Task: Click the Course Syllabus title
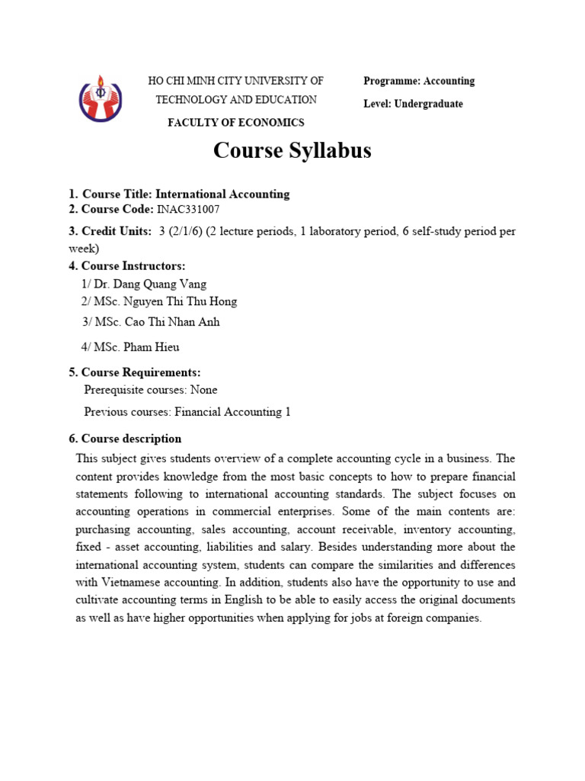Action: [292, 150]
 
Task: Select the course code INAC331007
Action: [191, 210]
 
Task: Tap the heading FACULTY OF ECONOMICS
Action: [236, 122]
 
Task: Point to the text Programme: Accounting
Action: [419, 81]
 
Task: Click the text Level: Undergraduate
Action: [413, 104]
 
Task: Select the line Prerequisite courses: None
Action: [150, 390]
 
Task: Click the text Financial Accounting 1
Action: [233, 412]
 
